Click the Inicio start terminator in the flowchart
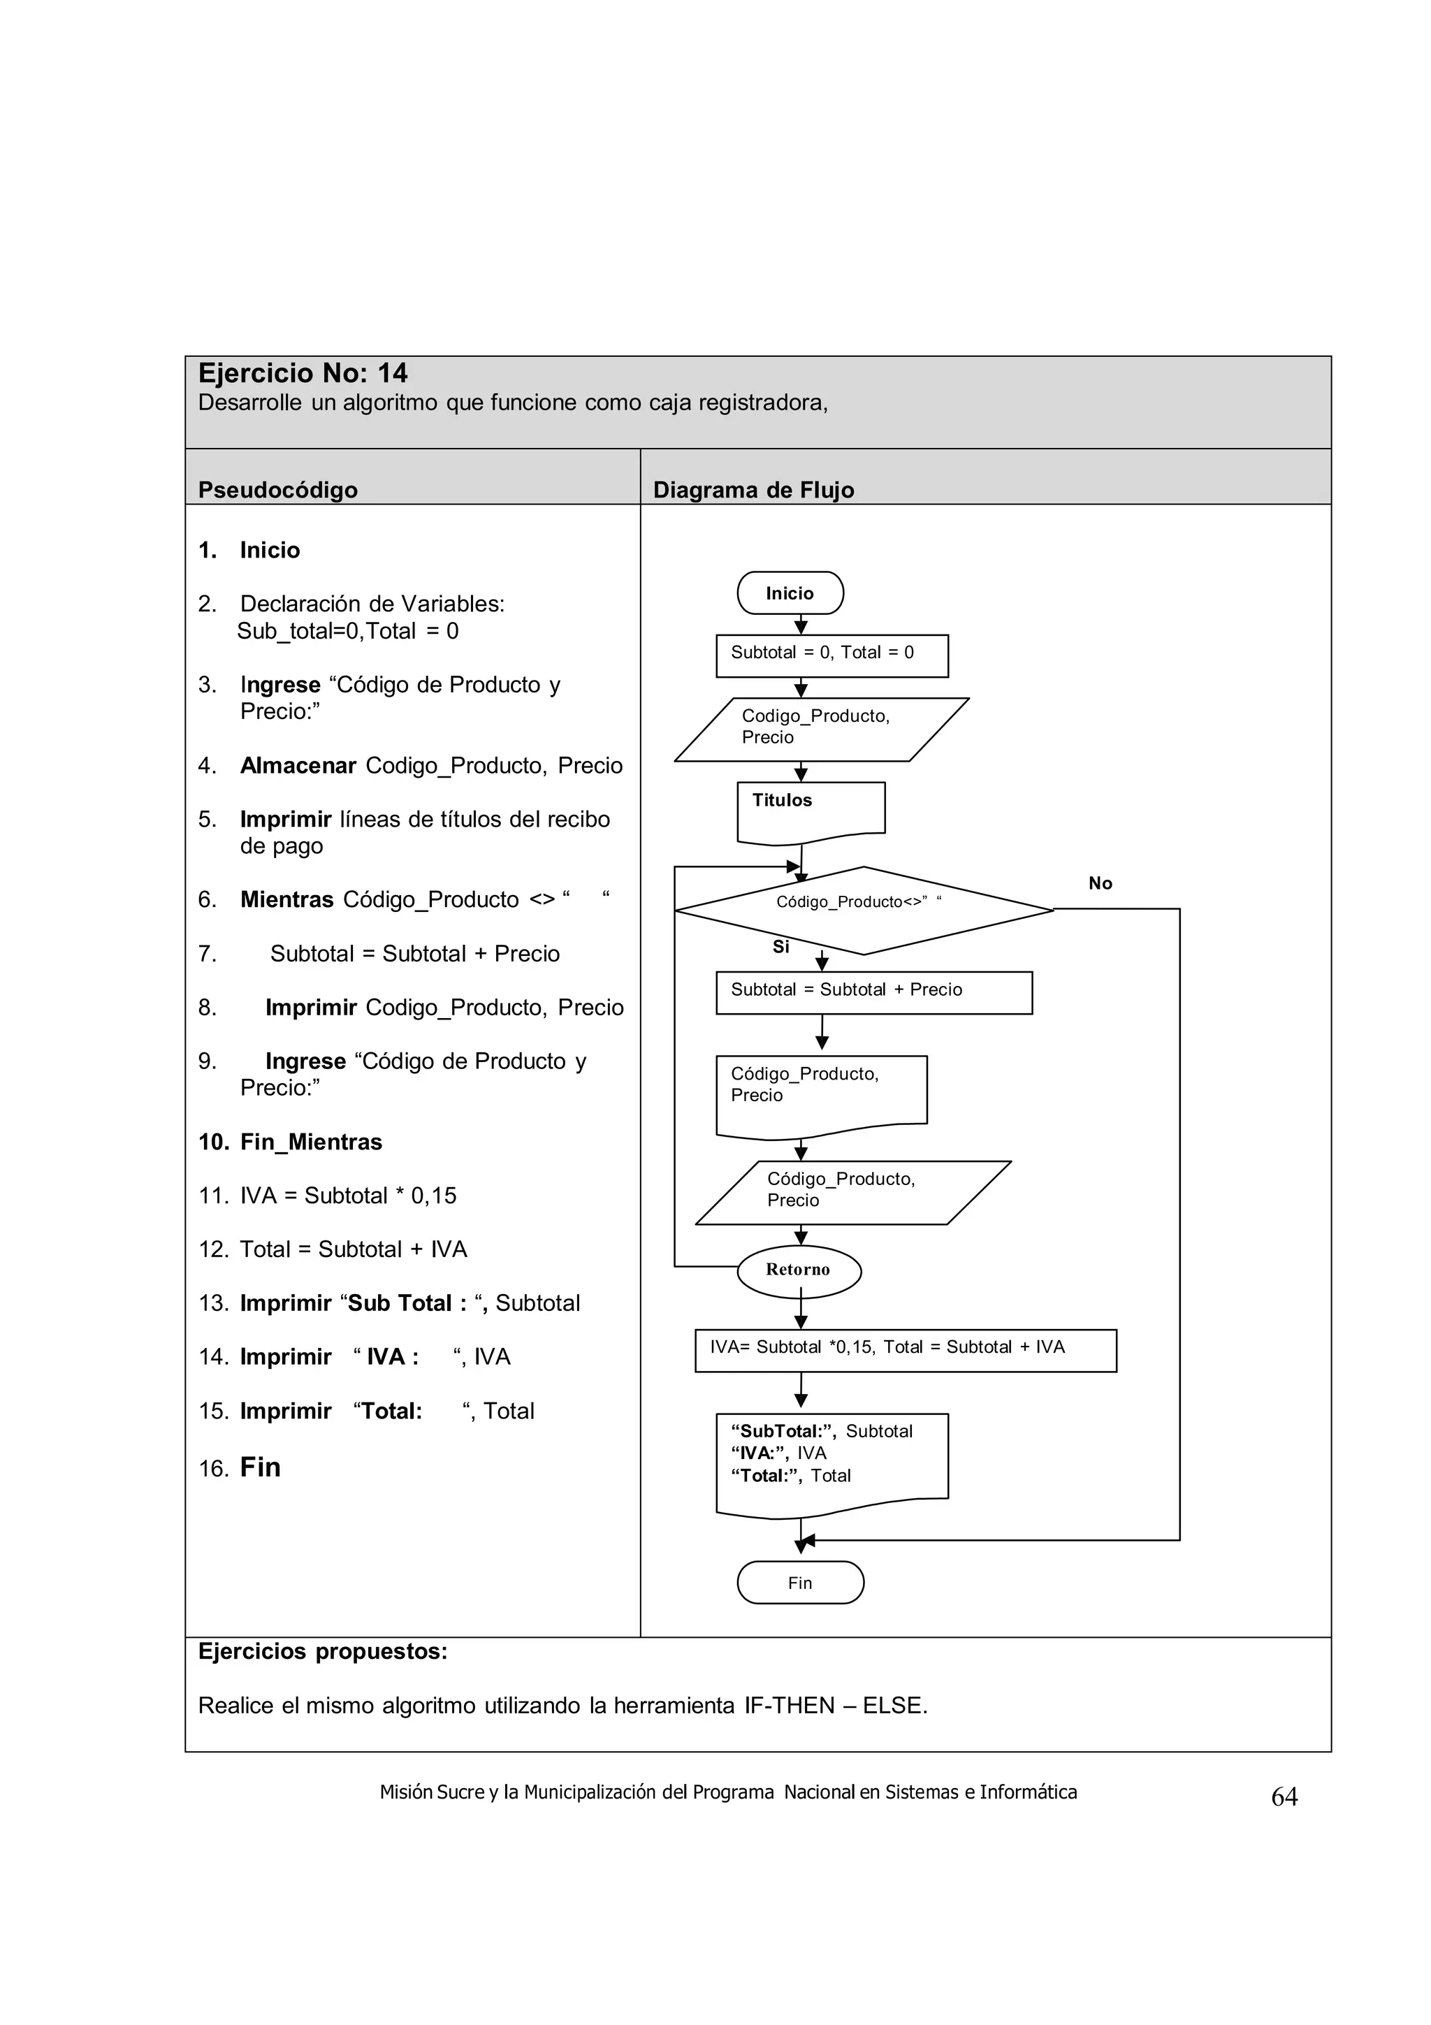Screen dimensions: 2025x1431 (x=790, y=593)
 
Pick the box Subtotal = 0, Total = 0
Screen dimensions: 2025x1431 (x=831, y=655)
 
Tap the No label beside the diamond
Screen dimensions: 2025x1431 (x=1100, y=883)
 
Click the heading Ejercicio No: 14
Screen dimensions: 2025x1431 (x=303, y=373)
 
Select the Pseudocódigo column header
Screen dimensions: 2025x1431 (x=277, y=490)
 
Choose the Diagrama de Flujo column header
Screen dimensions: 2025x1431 (x=753, y=490)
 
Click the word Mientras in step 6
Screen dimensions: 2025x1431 (x=286, y=899)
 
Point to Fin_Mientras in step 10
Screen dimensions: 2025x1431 (x=310, y=1142)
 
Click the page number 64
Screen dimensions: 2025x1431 (x=1284, y=1797)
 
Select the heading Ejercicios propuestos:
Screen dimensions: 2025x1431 (x=323, y=1651)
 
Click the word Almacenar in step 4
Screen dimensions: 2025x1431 (x=298, y=766)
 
